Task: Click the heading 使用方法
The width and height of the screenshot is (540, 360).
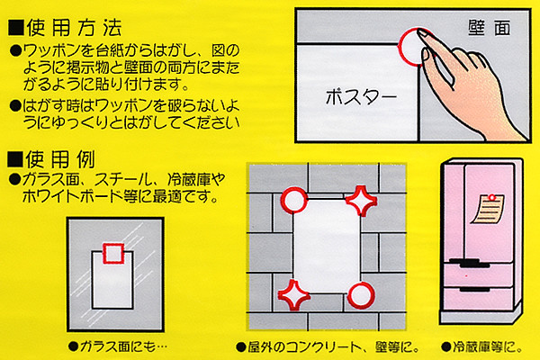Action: tap(74, 28)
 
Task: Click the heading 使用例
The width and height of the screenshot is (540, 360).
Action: tap(60, 158)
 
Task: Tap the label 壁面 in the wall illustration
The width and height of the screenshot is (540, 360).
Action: tap(490, 28)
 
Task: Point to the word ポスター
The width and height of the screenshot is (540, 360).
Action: tap(361, 97)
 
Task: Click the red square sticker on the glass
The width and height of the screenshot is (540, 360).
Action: tap(113, 253)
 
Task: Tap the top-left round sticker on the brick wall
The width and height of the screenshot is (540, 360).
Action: tap(294, 200)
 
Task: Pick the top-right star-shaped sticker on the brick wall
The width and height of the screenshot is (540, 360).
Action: tap(361, 201)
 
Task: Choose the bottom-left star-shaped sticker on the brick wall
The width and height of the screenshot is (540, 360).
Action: tap(293, 295)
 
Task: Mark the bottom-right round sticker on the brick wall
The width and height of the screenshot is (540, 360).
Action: tap(361, 295)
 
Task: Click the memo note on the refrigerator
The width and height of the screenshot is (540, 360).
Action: tap(489, 209)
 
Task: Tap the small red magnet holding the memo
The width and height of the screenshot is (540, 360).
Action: tap(492, 197)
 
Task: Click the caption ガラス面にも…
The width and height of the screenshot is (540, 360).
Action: tap(118, 346)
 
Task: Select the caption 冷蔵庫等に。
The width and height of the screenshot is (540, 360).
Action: tap(482, 346)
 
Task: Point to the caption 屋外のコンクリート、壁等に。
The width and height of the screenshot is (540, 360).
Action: tap(328, 346)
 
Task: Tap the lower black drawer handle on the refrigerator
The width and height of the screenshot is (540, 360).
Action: tap(475, 289)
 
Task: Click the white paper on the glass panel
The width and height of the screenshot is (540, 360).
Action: tap(112, 281)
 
